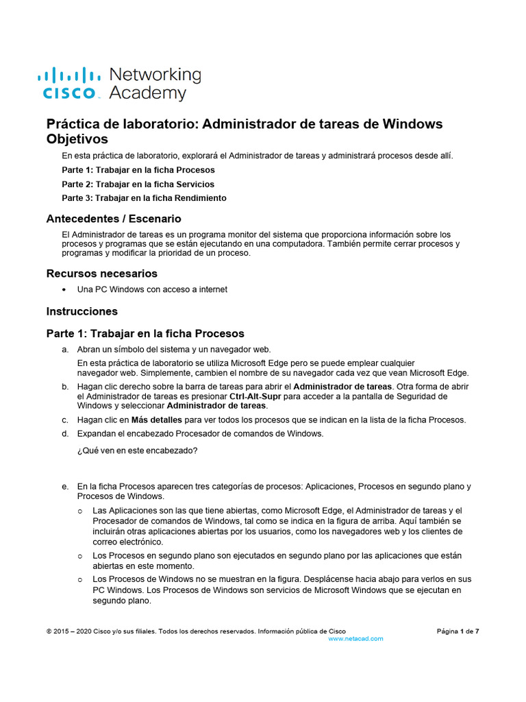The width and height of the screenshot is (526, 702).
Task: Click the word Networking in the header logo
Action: [x=155, y=74]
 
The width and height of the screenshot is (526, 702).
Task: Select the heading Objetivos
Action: [x=77, y=139]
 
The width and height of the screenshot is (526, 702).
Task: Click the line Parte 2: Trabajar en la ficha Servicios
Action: [x=138, y=184]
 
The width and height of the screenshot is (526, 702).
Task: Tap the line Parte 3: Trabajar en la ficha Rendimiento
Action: [x=144, y=197]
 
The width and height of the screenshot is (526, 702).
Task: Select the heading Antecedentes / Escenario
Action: [x=114, y=219]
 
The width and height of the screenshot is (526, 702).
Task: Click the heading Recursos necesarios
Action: [x=101, y=274]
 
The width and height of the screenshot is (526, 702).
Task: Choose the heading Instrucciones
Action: [x=82, y=311]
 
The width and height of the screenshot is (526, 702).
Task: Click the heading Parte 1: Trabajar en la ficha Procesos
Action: [x=145, y=334]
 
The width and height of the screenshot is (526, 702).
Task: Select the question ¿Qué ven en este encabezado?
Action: [x=138, y=450]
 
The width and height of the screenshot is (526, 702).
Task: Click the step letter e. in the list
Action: [x=65, y=486]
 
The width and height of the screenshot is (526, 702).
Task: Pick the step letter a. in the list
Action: [x=65, y=349]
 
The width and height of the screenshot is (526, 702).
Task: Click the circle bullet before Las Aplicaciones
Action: [x=80, y=511]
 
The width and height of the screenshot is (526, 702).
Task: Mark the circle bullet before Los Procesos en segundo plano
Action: [x=80, y=556]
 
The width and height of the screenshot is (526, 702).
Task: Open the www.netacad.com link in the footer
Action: [x=355, y=638]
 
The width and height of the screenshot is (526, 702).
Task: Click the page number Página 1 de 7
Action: [x=458, y=631]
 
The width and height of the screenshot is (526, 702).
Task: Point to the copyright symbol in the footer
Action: [x=49, y=631]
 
